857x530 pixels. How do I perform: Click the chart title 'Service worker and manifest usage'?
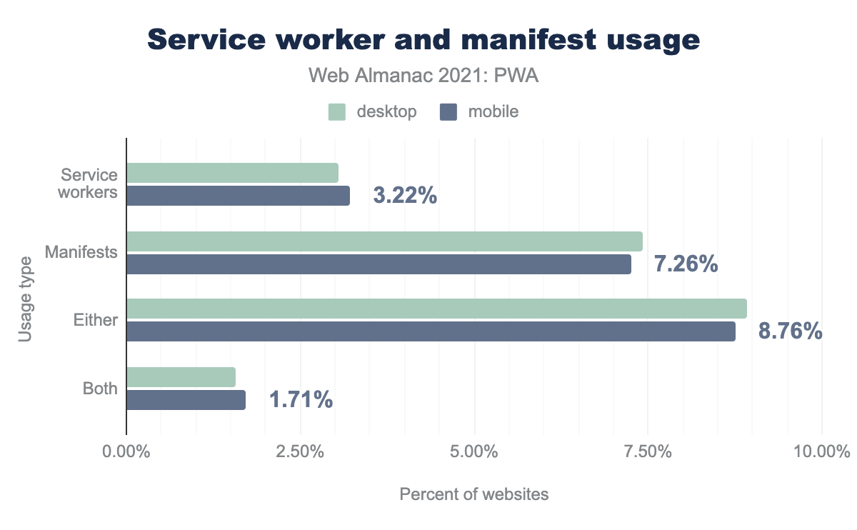[x=424, y=41]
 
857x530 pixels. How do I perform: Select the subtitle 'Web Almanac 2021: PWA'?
[x=424, y=76]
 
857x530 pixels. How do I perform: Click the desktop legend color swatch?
[x=337, y=112]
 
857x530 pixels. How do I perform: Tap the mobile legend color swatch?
[x=448, y=112]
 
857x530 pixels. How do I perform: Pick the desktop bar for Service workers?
[x=232, y=173]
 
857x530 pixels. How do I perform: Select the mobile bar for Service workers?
[x=238, y=196]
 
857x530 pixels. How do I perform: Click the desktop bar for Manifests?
[x=384, y=241]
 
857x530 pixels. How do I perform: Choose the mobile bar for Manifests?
[x=379, y=264]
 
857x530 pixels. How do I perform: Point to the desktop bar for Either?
[x=436, y=309]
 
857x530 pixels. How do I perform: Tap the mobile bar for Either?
[x=431, y=331]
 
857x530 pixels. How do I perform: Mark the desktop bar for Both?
[x=181, y=377]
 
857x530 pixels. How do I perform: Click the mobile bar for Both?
[x=186, y=400]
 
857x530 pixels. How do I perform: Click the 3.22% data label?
[x=405, y=196]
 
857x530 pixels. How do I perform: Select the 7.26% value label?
[x=686, y=264]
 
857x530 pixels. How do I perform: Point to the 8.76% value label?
[x=790, y=331]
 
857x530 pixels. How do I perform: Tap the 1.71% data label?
[x=301, y=400]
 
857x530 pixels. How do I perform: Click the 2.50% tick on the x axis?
[x=301, y=452]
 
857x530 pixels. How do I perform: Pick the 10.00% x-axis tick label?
[x=821, y=452]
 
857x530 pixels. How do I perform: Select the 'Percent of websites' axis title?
[x=474, y=494]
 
